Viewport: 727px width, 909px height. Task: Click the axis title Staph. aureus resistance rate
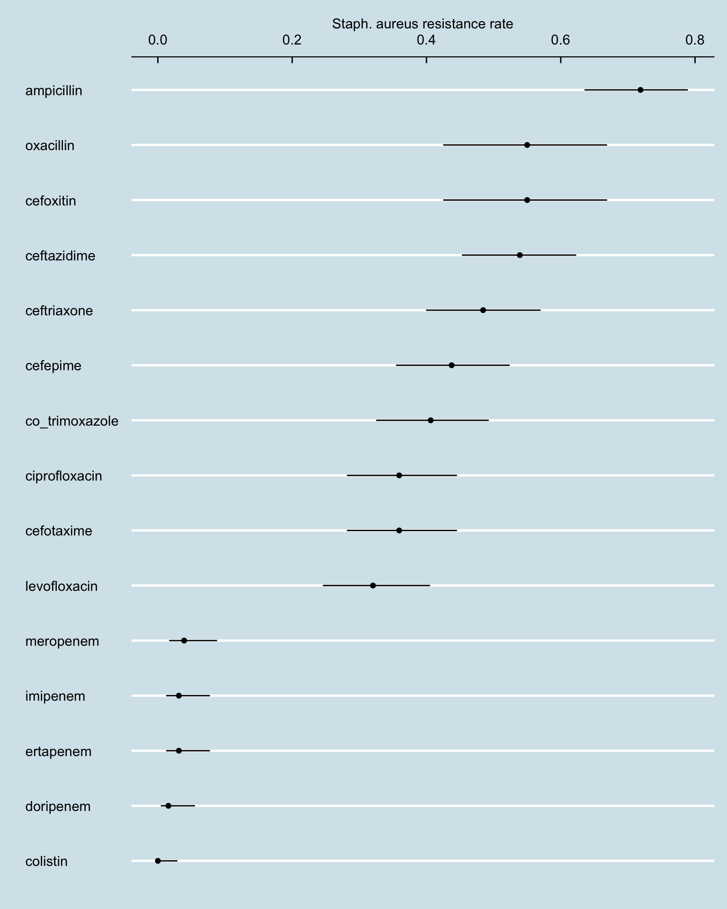pyautogui.click(x=422, y=24)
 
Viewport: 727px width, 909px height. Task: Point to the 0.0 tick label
pyautogui.click(x=158, y=40)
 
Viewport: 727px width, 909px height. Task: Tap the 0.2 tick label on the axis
pyautogui.click(x=292, y=40)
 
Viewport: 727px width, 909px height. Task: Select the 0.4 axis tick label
pyautogui.click(x=426, y=40)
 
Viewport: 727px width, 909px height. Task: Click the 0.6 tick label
pyautogui.click(x=560, y=40)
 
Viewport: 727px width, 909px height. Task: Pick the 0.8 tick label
pyautogui.click(x=694, y=40)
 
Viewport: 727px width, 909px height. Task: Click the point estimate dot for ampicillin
pyautogui.click(x=640, y=90)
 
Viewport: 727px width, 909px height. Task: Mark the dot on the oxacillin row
pyautogui.click(x=527, y=145)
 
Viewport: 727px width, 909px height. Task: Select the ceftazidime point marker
pyautogui.click(x=520, y=255)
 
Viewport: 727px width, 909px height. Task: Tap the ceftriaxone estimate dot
pyautogui.click(x=483, y=310)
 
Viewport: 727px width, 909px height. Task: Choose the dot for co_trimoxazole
pyautogui.click(x=430, y=420)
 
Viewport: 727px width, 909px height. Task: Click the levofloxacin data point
pyautogui.click(x=373, y=586)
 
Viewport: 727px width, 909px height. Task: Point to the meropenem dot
pyautogui.click(x=184, y=641)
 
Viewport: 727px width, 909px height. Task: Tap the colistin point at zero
pyautogui.click(x=158, y=861)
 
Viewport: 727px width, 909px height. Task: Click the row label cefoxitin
pyautogui.click(x=51, y=201)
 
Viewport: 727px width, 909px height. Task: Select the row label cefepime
pyautogui.click(x=53, y=366)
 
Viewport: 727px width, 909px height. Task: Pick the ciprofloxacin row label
pyautogui.click(x=63, y=476)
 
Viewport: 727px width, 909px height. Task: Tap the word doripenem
pyautogui.click(x=58, y=806)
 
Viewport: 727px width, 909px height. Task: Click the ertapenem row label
pyautogui.click(x=58, y=751)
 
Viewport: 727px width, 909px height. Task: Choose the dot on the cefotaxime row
pyautogui.click(x=399, y=530)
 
